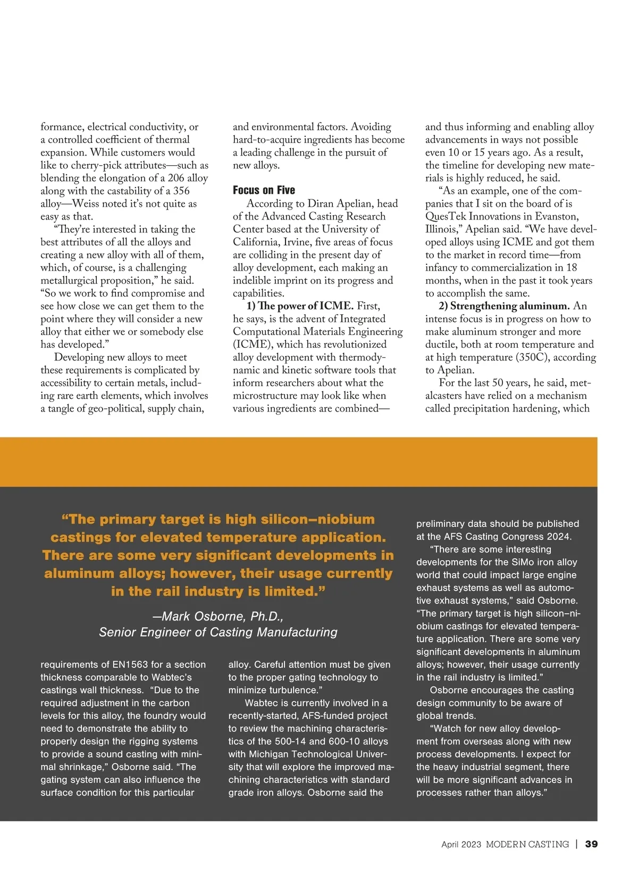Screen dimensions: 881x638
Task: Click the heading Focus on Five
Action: tap(264, 190)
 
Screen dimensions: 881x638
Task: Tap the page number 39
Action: tap(591, 844)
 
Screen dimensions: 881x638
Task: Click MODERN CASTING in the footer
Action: tap(527, 844)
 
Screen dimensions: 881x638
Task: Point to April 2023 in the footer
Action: tap(461, 844)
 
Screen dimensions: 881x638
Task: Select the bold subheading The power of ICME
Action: tap(300, 306)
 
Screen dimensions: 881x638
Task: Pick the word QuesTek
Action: tap(446, 216)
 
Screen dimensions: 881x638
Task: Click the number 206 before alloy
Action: tap(176, 178)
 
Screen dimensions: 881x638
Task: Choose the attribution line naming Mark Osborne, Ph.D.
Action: tap(218, 616)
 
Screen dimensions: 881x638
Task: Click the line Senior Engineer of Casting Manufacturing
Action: tap(218, 632)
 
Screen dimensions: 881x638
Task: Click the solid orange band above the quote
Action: tap(298, 462)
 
